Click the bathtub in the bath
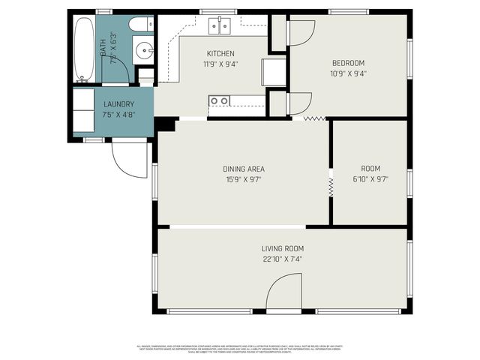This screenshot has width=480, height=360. [84, 49]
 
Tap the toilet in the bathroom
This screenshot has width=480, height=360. [140, 25]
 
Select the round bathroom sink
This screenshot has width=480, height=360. [145, 51]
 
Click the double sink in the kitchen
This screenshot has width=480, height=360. [220, 26]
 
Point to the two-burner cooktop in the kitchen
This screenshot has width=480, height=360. [220, 100]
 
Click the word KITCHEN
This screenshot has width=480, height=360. [221, 53]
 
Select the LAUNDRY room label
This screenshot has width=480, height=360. [118, 103]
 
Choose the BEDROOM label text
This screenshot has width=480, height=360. [349, 63]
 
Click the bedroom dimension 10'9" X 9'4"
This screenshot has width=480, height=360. [349, 73]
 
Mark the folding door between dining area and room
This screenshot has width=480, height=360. [330, 186]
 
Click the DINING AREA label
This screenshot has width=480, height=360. [244, 169]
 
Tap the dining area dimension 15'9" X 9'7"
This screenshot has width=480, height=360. [244, 179]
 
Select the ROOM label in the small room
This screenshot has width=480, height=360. [370, 169]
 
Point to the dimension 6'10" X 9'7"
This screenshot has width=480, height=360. [370, 179]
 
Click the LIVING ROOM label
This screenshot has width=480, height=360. [283, 248]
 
